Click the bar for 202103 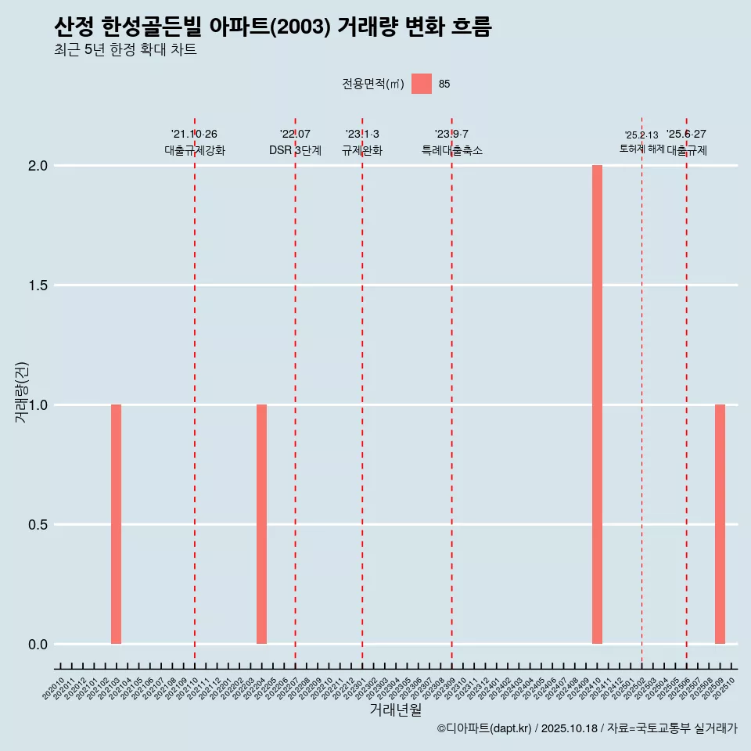point(116,524)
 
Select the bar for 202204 point(261,524)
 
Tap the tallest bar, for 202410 point(597,404)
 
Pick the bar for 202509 point(720,524)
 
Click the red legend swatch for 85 point(422,84)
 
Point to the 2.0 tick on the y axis point(38,166)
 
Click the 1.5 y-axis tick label point(38,286)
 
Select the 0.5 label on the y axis point(38,525)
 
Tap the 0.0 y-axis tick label point(38,645)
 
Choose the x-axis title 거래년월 point(395,710)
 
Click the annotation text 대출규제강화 point(195,150)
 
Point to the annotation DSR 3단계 point(295,150)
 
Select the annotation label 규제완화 point(362,150)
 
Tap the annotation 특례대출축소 point(451,150)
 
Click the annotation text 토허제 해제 point(641,148)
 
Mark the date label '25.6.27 point(686,134)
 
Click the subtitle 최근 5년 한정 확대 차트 point(125,50)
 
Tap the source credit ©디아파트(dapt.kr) point(484,728)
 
